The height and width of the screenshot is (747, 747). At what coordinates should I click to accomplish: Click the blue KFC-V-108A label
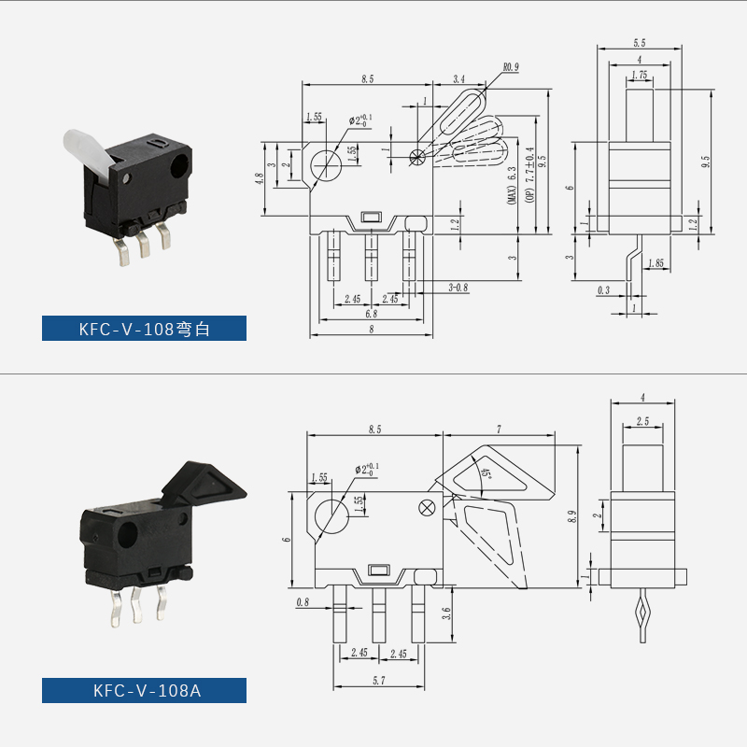tap(144, 690)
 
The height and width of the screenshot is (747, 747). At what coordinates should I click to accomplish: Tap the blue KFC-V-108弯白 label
tap(144, 329)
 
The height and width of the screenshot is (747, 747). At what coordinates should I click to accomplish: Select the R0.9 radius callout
tap(510, 67)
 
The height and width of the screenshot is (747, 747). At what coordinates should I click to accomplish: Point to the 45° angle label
tap(486, 474)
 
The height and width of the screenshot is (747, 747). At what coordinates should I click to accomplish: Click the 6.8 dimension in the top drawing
tap(371, 314)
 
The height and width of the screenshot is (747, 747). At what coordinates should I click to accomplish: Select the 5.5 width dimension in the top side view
tap(640, 43)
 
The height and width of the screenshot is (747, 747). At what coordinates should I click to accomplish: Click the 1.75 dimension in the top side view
tap(640, 75)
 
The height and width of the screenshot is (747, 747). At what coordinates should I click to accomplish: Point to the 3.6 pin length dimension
tap(446, 613)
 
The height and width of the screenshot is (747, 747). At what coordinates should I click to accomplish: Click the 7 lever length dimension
tap(500, 429)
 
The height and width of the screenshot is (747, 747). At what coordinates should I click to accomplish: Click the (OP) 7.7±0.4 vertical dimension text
tap(529, 176)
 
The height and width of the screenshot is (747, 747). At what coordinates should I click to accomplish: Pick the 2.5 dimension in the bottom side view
tap(641, 422)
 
